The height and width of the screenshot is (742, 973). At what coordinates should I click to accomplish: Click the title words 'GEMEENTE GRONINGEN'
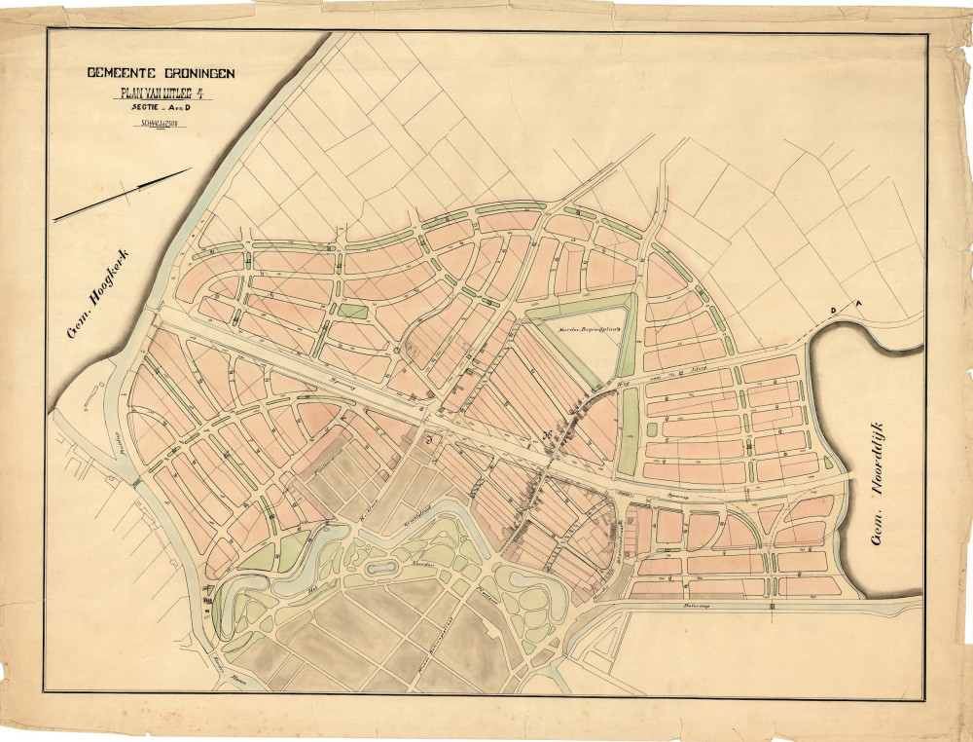click(x=161, y=74)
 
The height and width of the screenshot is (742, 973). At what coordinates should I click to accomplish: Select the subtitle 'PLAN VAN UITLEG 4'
click(x=161, y=94)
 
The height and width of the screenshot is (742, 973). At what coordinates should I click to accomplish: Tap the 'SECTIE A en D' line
click(x=161, y=110)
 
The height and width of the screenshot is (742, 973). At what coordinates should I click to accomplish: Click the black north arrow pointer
click(x=123, y=195)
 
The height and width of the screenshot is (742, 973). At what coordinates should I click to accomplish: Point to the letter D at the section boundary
click(x=833, y=311)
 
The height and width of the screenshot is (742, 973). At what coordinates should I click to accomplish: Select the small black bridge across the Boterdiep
click(x=773, y=606)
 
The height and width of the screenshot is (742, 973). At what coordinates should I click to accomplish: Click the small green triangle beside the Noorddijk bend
click(x=828, y=464)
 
